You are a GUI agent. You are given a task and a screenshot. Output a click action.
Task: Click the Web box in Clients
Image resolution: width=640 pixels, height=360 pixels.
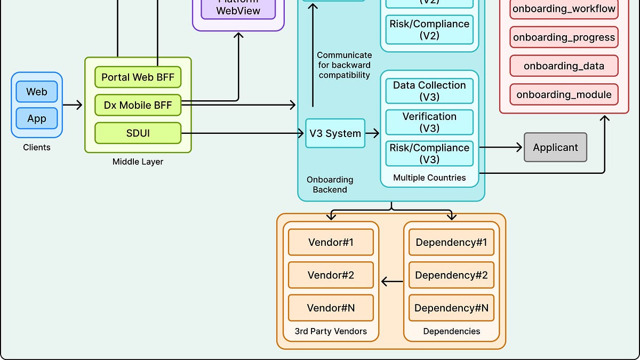tap(37, 92)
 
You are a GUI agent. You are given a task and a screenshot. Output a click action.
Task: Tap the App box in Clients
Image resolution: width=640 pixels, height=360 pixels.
tap(37, 118)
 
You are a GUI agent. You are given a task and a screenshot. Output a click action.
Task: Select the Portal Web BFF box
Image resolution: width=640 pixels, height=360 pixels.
tap(138, 77)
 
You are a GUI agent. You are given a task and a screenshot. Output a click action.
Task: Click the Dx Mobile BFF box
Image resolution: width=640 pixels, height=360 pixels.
tap(138, 105)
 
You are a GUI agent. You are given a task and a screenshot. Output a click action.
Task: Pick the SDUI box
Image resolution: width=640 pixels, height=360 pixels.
tap(138, 133)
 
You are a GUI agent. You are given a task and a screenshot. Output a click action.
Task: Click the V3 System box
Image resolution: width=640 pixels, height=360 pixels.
tap(335, 133)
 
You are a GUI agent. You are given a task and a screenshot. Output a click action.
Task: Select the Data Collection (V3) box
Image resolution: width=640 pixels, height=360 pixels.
tap(429, 91)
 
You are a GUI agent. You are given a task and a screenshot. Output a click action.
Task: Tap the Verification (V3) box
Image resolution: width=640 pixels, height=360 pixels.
tap(429, 122)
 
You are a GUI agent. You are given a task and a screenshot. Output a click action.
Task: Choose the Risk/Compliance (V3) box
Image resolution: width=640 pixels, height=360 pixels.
tap(429, 153)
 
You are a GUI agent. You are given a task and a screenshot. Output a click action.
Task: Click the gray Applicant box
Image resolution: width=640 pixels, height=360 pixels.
tap(555, 147)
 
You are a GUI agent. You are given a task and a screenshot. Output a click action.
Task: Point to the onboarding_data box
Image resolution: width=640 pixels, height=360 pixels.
tap(564, 66)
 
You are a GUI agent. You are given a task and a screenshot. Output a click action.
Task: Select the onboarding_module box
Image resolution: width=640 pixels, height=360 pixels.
tap(564, 94)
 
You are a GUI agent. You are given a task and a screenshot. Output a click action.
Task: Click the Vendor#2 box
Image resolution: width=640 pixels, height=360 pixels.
tap(331, 275)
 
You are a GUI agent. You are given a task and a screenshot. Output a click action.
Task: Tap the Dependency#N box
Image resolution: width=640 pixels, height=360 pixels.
tap(451, 308)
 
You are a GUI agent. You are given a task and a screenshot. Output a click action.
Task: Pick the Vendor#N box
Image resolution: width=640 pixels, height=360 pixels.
tap(331, 308)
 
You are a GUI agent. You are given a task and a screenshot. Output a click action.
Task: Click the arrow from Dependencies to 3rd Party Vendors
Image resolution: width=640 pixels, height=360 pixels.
tap(392, 282)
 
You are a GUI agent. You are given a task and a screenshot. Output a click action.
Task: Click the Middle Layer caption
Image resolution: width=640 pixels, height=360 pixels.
tap(138, 162)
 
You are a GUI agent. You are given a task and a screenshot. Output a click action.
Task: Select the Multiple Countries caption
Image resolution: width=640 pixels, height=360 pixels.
tap(429, 178)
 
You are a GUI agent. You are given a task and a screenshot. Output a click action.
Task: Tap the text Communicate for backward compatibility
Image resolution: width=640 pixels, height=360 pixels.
tap(344, 65)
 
